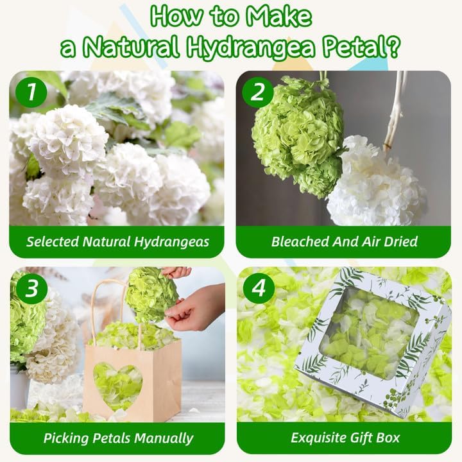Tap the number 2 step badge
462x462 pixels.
(x=258, y=92)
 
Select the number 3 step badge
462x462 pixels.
(x=31, y=288)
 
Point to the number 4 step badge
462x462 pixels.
(x=259, y=288)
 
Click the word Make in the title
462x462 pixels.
(x=278, y=16)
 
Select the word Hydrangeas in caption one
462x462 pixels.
(x=171, y=242)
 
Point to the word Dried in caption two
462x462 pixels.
(x=401, y=241)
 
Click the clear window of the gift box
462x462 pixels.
(x=371, y=332)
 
